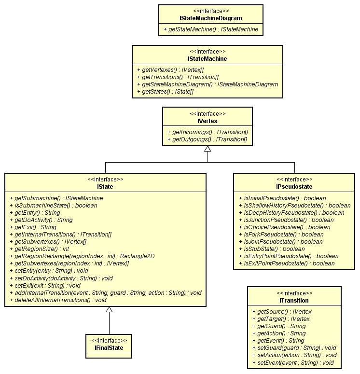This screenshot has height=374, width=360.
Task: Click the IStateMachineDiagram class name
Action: [x=210, y=18]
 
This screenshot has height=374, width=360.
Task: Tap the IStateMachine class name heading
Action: [x=208, y=59]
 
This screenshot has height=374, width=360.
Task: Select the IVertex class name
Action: [x=208, y=121]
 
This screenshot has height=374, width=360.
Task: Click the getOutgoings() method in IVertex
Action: [x=207, y=139]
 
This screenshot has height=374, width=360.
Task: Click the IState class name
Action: [x=109, y=187]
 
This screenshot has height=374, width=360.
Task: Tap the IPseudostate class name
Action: [x=294, y=187]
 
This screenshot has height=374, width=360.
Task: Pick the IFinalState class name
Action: [x=109, y=347]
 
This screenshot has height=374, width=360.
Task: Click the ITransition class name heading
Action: [x=294, y=300]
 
